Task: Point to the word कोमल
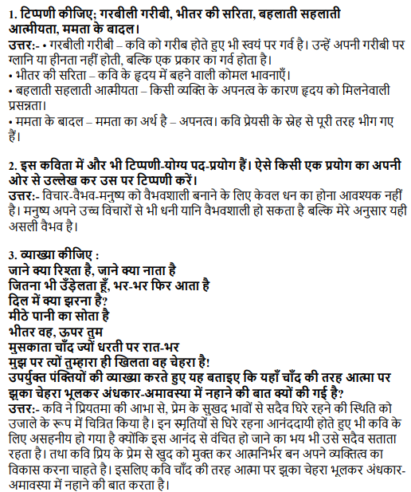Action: coord(230,97)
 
